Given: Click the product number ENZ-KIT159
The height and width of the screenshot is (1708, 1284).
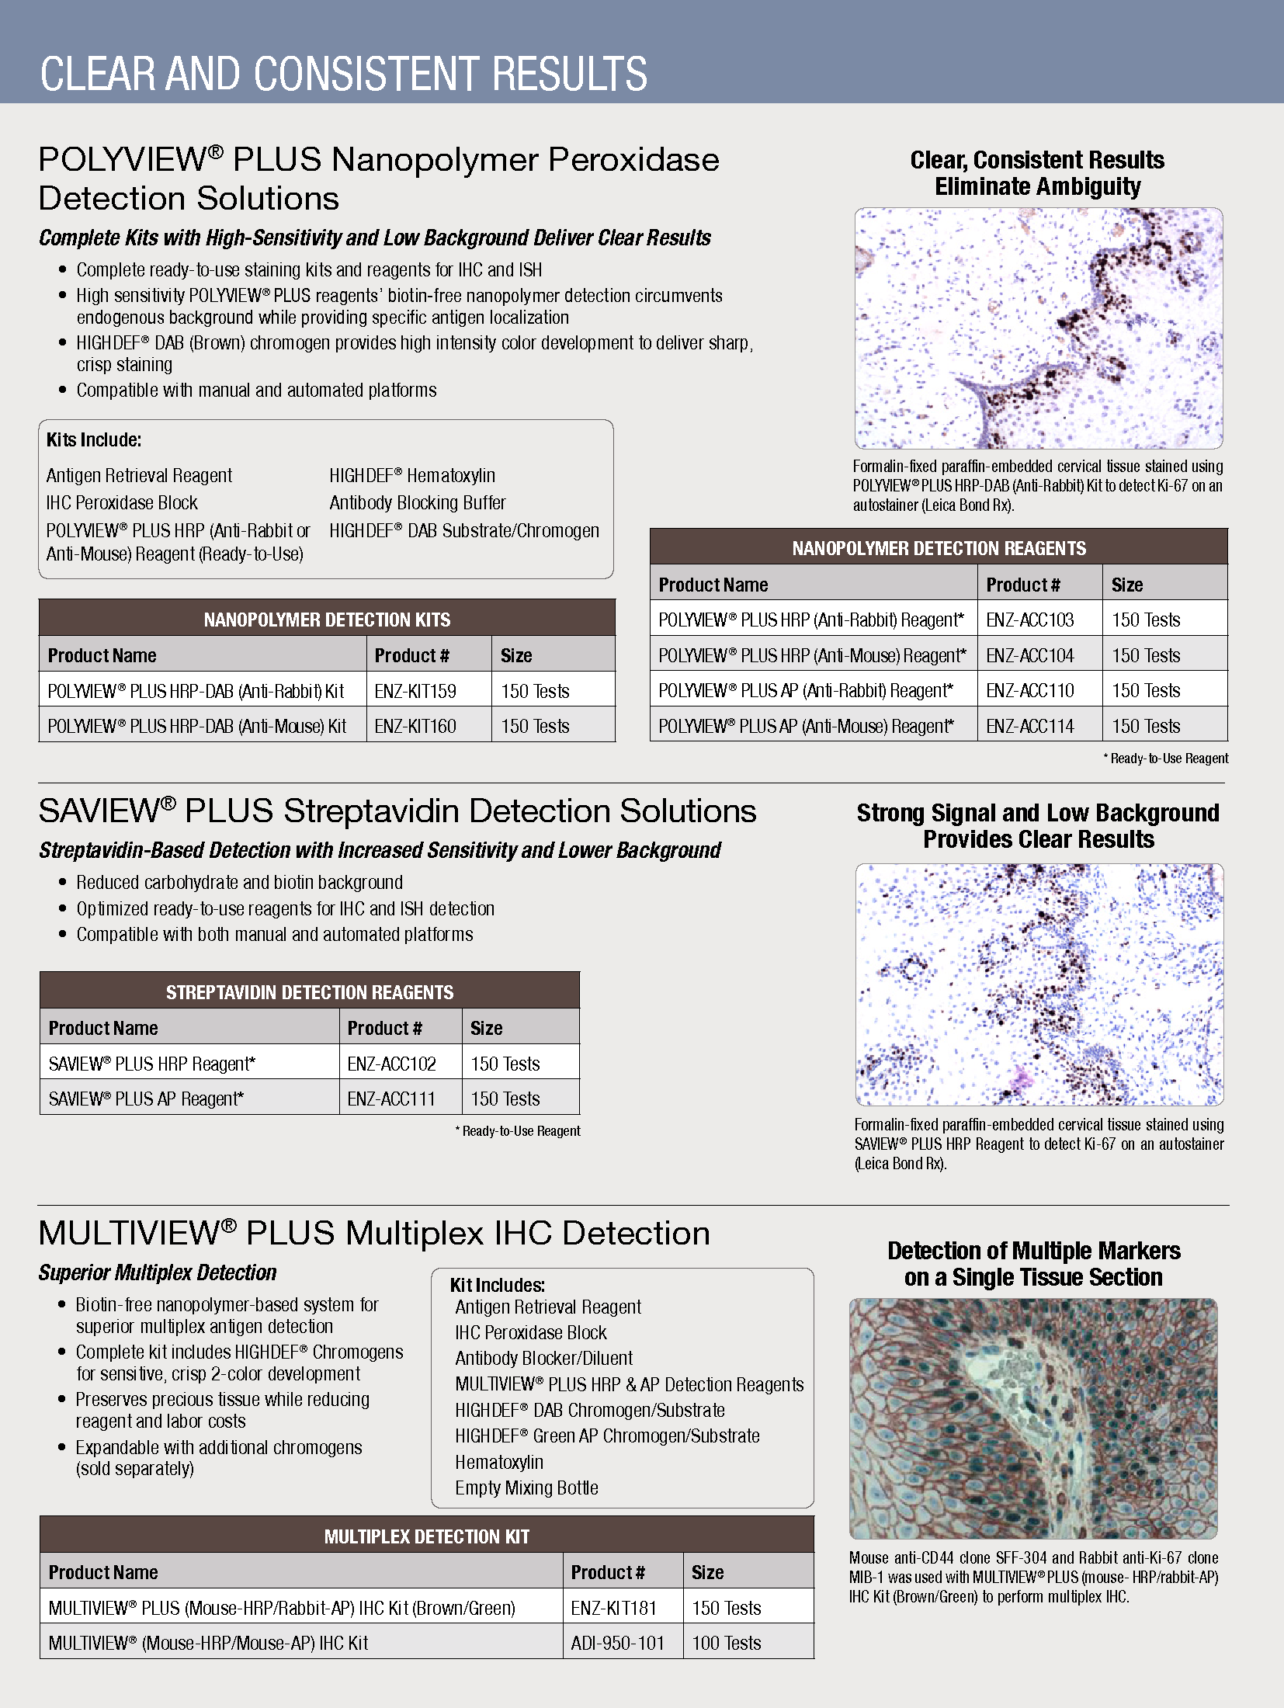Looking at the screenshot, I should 415,691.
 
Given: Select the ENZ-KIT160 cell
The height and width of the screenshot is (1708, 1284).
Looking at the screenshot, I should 415,727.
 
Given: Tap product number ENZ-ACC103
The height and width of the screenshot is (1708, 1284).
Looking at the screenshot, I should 1029,620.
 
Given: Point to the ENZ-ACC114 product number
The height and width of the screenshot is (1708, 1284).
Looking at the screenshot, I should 1029,727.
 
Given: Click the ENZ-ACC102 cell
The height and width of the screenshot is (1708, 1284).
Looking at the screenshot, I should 391,1064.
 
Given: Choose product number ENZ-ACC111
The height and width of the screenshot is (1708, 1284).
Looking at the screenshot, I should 391,1099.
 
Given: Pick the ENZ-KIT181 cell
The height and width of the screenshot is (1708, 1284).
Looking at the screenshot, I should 613,1608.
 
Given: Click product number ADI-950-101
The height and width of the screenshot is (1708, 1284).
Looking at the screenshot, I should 617,1644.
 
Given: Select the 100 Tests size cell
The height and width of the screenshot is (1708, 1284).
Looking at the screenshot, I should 726,1644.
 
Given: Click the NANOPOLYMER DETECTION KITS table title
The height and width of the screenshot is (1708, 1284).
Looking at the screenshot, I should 327,620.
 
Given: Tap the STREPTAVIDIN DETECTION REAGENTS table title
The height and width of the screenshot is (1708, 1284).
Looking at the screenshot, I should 310,992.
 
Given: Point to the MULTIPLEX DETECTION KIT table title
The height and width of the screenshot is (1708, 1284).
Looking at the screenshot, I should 427,1536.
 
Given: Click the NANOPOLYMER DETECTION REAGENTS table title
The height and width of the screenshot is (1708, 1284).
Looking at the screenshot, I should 939,548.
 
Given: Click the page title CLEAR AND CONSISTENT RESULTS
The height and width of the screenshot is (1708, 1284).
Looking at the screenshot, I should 343,74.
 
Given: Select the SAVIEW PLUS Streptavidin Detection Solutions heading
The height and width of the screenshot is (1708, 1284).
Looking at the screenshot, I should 397,811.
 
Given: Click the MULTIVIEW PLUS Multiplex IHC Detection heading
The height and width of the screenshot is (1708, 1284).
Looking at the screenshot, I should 374,1234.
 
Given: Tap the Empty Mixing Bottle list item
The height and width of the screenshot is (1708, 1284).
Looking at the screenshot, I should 526,1488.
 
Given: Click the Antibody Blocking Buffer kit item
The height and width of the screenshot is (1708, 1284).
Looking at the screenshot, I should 418,503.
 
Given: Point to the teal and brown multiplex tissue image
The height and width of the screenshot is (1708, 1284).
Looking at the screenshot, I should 1032,1418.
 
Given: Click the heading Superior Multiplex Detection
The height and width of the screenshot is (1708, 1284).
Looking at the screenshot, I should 158,1272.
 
